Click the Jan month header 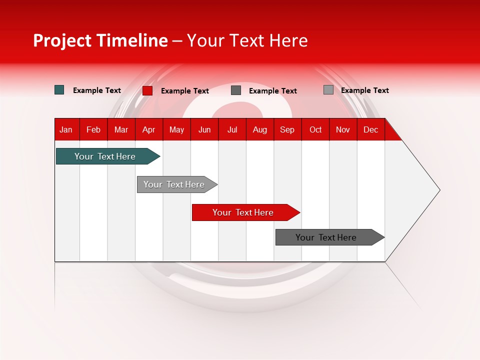(x=66, y=129)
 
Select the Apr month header (x=149, y=129)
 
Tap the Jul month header (x=232, y=129)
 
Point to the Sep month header (x=287, y=129)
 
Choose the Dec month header (x=371, y=129)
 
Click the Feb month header (x=93, y=129)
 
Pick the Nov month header (x=343, y=129)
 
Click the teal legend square (x=59, y=90)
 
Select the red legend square (x=147, y=90)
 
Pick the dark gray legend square (x=236, y=90)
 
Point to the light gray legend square (x=328, y=90)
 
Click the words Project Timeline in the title (x=100, y=40)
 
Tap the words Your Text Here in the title (x=247, y=40)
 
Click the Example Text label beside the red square (x=185, y=91)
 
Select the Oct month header (x=315, y=129)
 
